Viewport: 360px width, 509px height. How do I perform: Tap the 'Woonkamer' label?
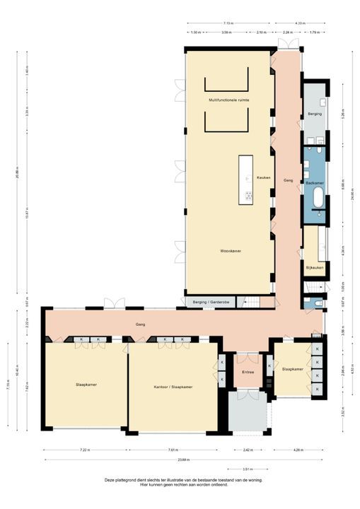[x=228, y=251]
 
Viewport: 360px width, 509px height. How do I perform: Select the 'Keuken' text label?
[x=264, y=177]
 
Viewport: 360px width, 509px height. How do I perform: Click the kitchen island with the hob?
[x=246, y=180]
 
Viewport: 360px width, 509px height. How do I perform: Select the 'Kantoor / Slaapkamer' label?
[x=173, y=387]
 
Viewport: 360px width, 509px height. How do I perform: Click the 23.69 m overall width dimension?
[x=182, y=460]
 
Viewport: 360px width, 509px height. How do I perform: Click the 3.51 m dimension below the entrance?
[x=246, y=469]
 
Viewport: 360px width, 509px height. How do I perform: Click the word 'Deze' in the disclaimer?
[x=109, y=479]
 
